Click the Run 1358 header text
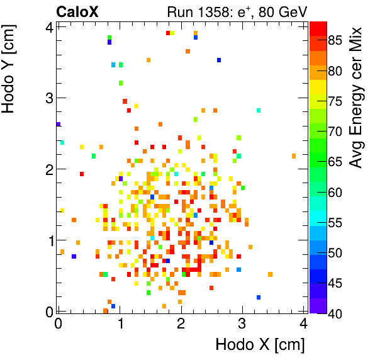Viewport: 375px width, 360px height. click(236, 11)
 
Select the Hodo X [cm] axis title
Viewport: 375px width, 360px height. click(260, 344)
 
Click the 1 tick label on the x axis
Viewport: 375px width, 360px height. click(120, 323)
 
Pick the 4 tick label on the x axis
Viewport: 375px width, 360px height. click(303, 323)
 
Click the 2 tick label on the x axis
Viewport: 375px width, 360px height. click(181, 323)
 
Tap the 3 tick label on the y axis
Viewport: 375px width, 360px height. click(47, 98)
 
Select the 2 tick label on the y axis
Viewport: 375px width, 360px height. click(47, 169)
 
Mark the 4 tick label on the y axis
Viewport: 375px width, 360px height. click(47, 26)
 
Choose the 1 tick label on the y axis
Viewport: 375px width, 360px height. click(47, 240)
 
